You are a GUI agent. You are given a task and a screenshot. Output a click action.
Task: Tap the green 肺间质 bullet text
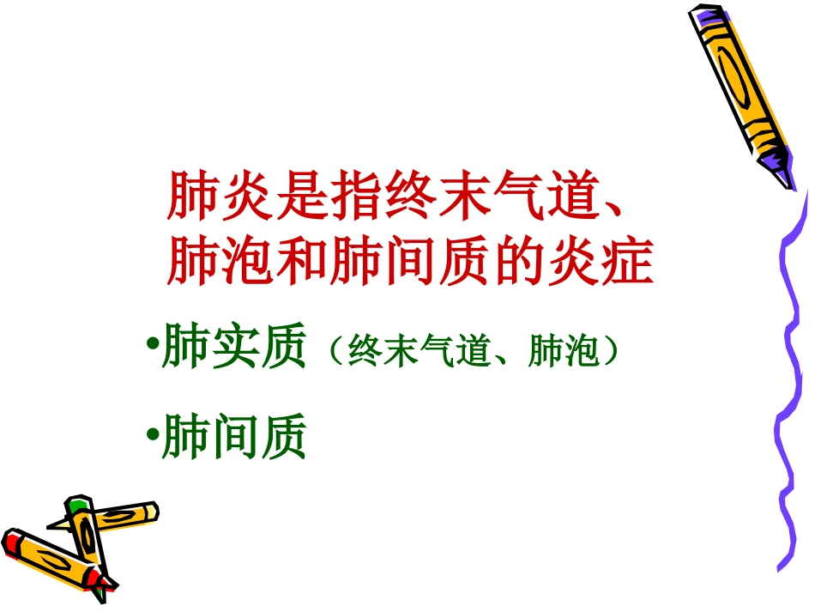[233, 438]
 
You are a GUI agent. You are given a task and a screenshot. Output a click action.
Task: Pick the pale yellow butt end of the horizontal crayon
[151, 511]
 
